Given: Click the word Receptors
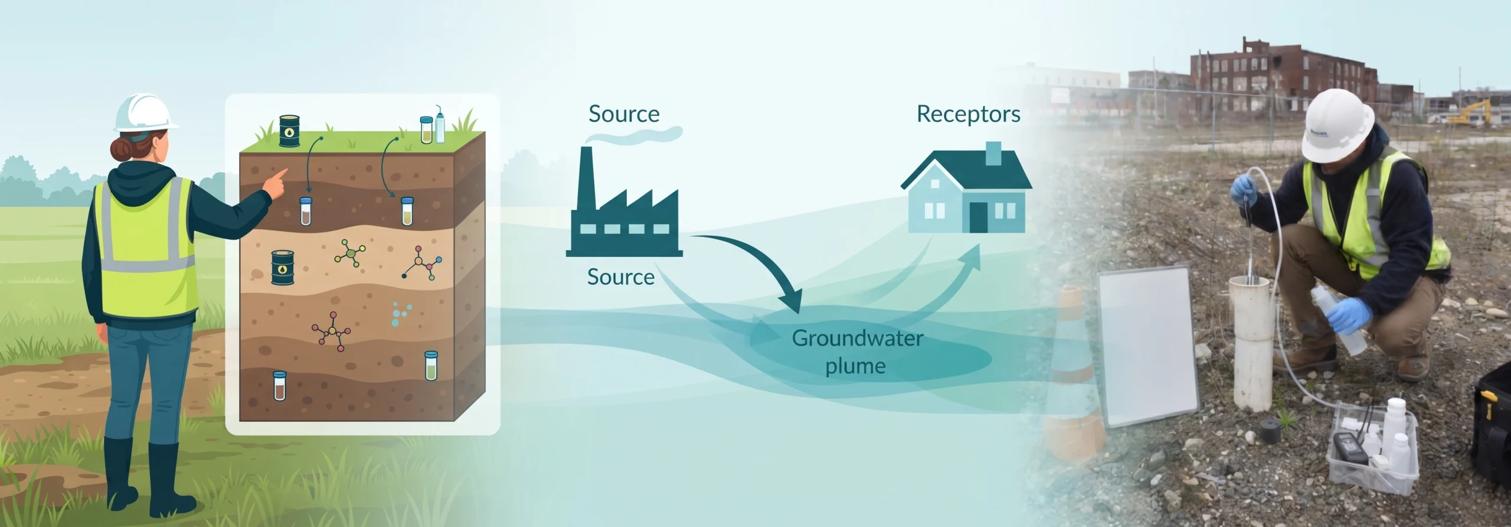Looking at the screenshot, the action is [x=968, y=114].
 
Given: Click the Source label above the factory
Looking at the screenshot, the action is [x=624, y=113].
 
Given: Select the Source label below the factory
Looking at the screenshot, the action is [x=621, y=276].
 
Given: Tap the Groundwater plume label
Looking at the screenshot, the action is [x=857, y=352].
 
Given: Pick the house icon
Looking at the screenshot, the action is [x=966, y=187].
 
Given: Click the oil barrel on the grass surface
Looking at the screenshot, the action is [x=289, y=131].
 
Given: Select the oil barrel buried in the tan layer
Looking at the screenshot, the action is [x=282, y=268].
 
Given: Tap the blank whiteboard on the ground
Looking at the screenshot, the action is [x=1147, y=347].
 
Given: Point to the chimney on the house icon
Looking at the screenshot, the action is [x=994, y=154].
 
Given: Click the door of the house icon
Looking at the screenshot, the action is [x=978, y=217].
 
